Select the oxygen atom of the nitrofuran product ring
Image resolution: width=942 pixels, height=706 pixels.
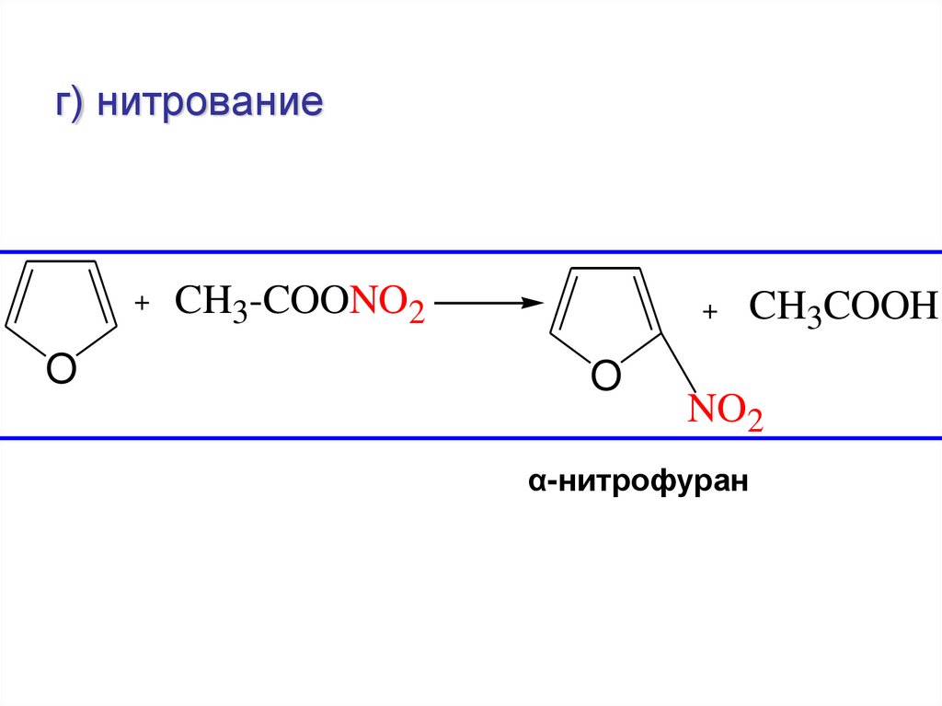604,376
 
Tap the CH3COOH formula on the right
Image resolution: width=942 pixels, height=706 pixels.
843,307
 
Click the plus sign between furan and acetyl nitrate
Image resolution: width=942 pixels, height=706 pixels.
142,303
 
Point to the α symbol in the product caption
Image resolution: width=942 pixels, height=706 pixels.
534,481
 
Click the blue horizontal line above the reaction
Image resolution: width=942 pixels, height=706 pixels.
471,251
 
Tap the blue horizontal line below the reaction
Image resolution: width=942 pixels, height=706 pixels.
471,438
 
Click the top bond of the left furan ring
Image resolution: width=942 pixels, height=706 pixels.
59,261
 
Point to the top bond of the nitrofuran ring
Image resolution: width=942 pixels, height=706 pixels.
603,269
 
